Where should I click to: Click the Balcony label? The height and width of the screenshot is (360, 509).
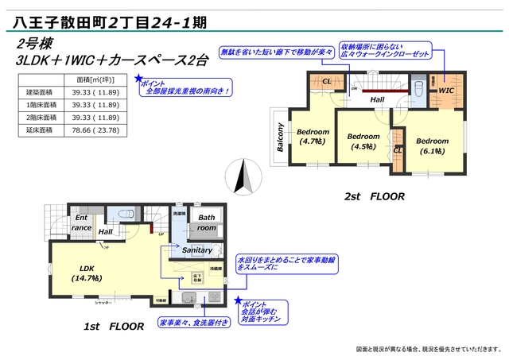280,138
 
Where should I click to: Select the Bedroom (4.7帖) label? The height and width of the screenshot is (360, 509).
313,136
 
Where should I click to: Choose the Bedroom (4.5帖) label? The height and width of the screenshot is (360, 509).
363,141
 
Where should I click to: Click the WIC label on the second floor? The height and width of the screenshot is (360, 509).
445,92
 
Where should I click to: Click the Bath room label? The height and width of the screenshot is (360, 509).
206,222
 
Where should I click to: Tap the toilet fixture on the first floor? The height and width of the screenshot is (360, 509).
126,214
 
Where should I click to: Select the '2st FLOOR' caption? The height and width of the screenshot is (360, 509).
374,195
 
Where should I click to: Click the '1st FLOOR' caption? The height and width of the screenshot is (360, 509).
114,326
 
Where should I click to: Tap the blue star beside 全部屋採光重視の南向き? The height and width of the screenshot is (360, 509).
138,79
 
